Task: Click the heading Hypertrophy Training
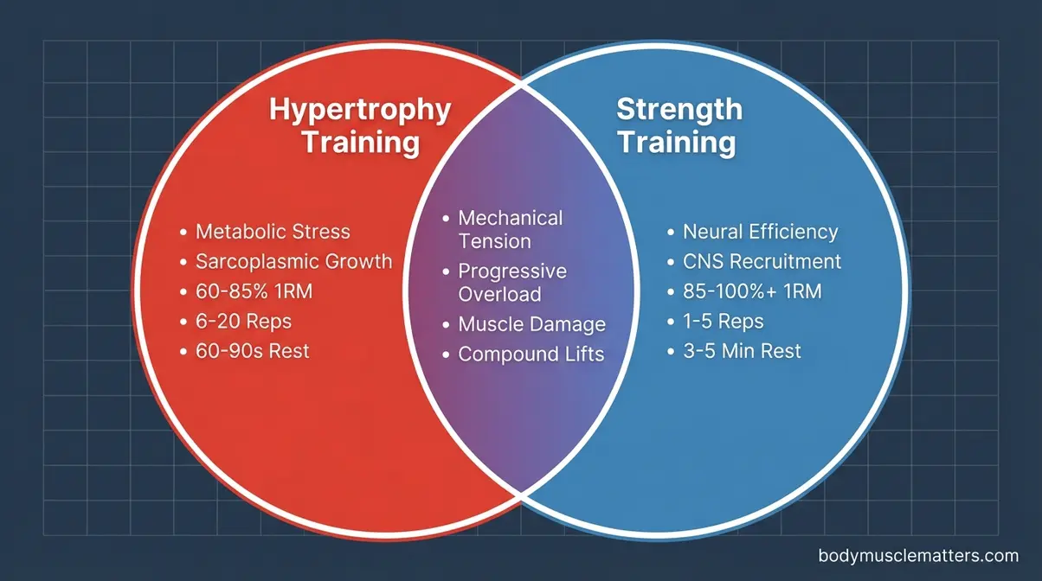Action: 360,125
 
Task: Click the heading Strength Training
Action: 679,124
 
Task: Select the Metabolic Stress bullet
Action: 273,232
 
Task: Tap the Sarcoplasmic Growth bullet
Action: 293,262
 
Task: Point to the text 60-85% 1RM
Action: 254,292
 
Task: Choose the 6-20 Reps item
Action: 243,322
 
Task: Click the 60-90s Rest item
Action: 252,352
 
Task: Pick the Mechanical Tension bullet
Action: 511,229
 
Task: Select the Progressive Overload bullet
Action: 512,282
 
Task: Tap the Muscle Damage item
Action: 531,325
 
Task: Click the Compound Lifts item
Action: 531,354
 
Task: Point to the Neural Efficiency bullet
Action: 760,232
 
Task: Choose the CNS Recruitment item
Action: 762,261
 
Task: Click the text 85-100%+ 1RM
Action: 752,291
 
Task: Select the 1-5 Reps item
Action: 723,322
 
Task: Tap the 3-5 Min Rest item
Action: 742,351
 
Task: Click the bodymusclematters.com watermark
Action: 918,556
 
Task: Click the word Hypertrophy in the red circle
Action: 360,110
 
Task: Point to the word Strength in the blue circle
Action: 679,110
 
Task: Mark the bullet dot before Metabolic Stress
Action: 183,233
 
